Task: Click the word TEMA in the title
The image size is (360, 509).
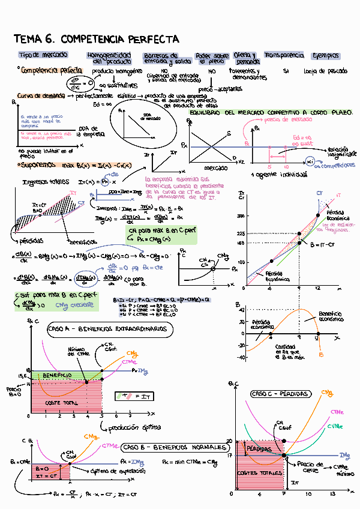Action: (27, 40)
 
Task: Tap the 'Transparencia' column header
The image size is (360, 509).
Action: (284, 55)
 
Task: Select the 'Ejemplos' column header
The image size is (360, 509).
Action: (326, 55)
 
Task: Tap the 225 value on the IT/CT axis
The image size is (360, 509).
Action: (241, 233)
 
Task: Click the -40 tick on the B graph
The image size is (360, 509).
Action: (241, 358)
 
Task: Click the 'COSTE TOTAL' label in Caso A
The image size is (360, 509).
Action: (63, 403)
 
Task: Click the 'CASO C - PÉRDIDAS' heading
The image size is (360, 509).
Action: (280, 394)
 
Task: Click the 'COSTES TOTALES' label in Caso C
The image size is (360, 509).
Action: (260, 473)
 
